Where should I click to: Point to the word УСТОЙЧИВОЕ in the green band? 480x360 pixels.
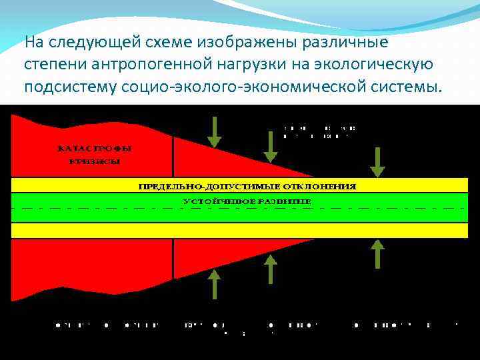214,201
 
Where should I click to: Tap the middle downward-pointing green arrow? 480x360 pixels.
270,147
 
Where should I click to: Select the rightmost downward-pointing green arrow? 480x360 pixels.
378,162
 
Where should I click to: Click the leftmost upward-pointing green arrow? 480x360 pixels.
214,284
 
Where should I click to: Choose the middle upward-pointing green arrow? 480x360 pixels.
270,269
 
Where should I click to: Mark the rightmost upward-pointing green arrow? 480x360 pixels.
378,253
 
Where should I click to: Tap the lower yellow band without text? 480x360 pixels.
240,230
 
